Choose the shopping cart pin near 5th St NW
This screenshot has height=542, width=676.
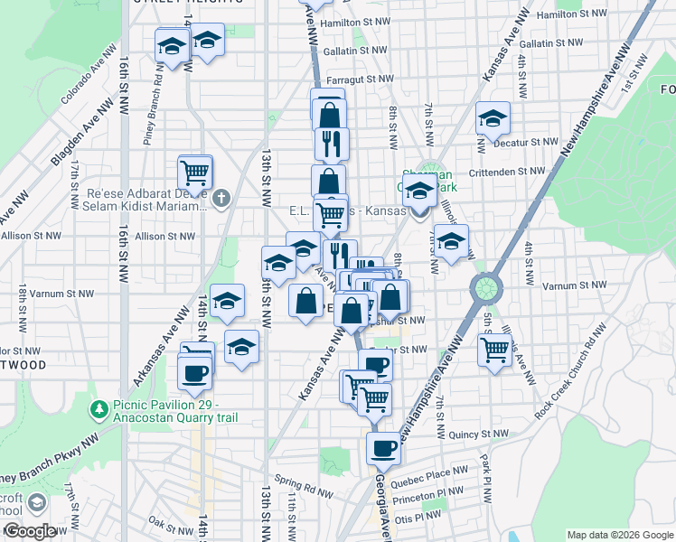coord(495,348)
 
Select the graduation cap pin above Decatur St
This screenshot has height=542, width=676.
coord(493,117)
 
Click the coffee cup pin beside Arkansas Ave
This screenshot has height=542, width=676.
coord(194,372)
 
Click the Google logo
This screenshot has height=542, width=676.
coord(29,531)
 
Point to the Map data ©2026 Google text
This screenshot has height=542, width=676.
coord(619,535)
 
